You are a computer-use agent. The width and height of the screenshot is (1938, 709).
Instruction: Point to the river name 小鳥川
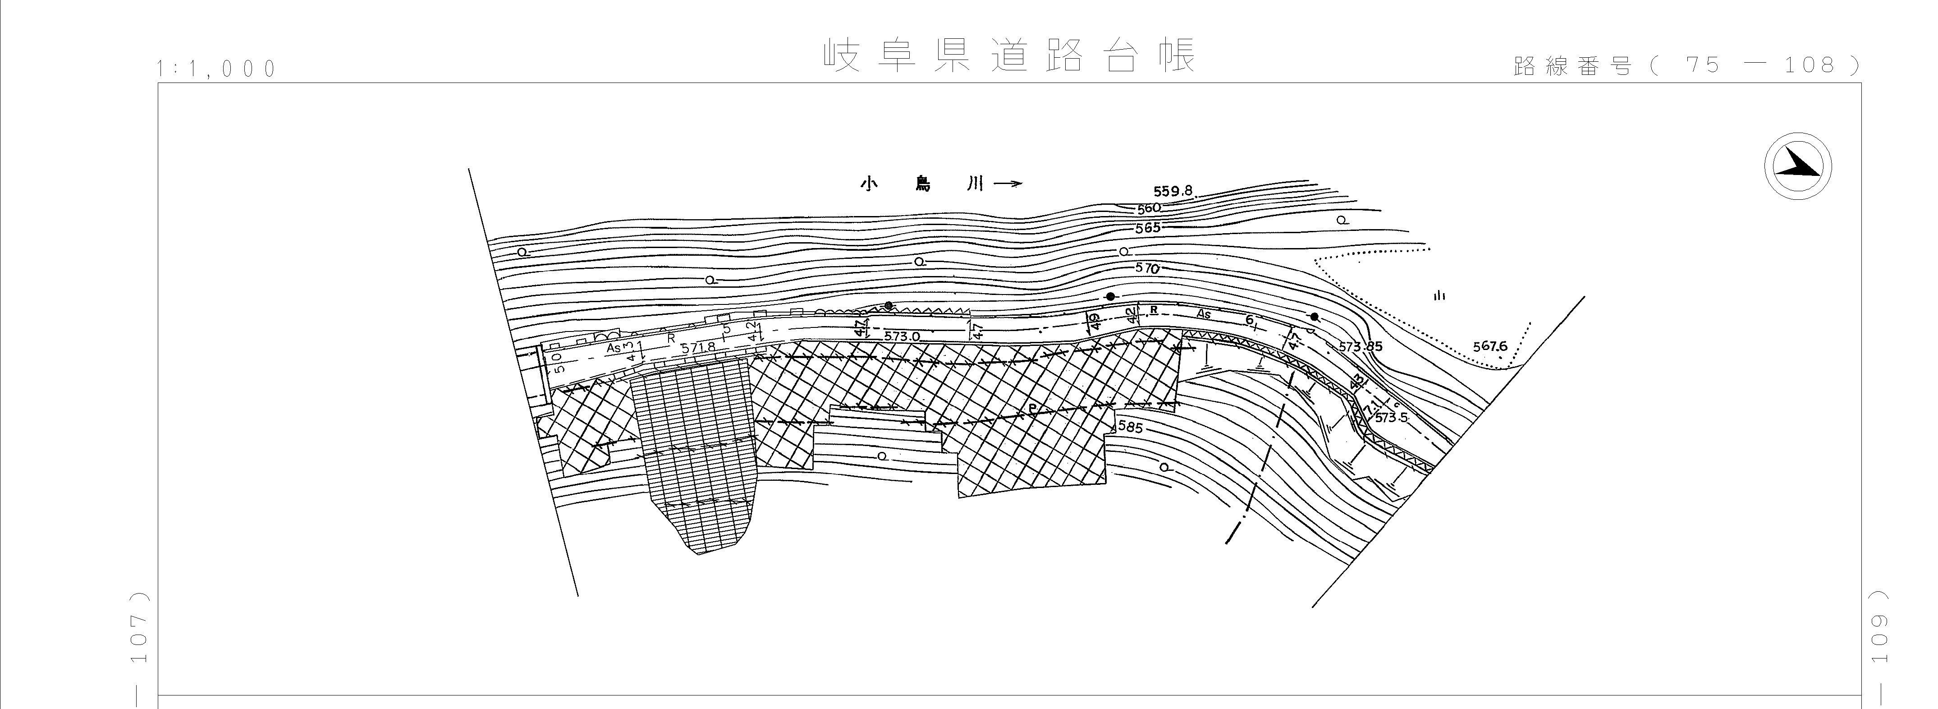(x=921, y=184)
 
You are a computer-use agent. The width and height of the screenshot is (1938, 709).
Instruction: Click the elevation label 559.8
(x=1173, y=191)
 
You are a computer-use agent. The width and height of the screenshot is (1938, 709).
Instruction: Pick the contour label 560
(x=1149, y=208)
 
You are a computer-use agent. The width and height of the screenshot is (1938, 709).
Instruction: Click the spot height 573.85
(x=1360, y=347)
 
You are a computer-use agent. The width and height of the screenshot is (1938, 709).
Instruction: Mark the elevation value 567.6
(x=1489, y=346)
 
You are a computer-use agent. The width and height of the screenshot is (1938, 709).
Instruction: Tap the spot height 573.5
(x=1390, y=417)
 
